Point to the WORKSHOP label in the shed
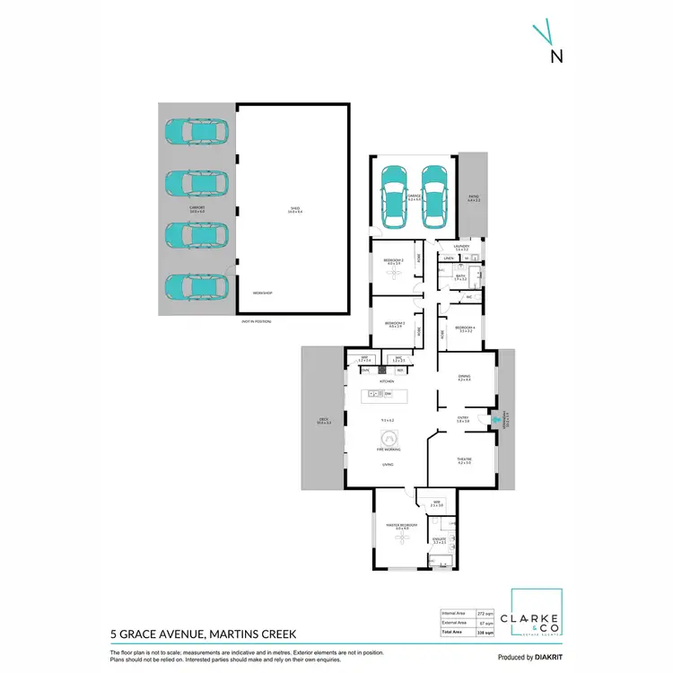(x=261, y=293)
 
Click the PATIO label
(x=473, y=197)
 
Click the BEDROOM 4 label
(x=465, y=328)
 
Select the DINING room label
(x=464, y=378)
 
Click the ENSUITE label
(x=440, y=539)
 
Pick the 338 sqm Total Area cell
(x=485, y=632)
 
